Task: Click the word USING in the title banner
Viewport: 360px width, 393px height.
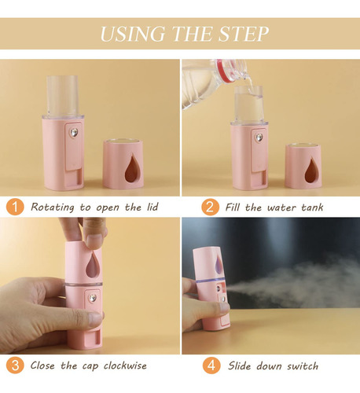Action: point(133,34)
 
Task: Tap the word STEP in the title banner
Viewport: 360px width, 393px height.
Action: point(244,34)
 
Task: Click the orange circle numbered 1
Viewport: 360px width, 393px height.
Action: point(15,207)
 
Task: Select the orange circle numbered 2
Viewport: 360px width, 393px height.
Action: point(210,207)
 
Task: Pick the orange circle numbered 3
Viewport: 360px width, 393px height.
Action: point(15,365)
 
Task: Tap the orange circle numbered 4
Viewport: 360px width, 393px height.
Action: point(211,365)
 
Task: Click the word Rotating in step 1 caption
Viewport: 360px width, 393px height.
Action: point(53,208)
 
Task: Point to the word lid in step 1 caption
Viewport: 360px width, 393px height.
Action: point(152,207)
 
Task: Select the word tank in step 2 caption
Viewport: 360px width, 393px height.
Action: point(312,208)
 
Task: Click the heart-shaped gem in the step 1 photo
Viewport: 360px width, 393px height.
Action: point(74,133)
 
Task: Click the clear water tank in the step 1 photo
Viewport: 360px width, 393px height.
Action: point(63,96)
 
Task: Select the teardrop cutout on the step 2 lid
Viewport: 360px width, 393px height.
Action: point(311,170)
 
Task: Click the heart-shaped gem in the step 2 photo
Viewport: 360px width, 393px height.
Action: point(259,138)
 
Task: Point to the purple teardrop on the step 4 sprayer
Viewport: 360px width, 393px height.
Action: point(219,263)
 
